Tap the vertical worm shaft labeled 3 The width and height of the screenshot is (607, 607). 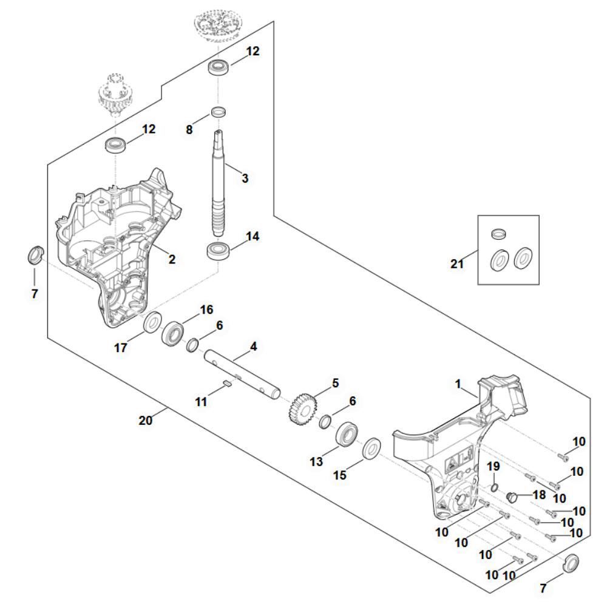(218, 183)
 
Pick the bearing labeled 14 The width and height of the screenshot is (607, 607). (217, 251)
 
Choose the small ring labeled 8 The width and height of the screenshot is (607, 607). (218, 112)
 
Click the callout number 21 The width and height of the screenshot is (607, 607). (457, 263)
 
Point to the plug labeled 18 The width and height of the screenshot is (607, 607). (513, 497)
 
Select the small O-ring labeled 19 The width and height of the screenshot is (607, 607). (494, 487)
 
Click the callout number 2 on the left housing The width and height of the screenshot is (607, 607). (172, 259)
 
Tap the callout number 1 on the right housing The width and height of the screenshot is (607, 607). (458, 384)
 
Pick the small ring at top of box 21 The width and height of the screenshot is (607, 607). (498, 233)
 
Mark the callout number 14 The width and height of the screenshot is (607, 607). (253, 236)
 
